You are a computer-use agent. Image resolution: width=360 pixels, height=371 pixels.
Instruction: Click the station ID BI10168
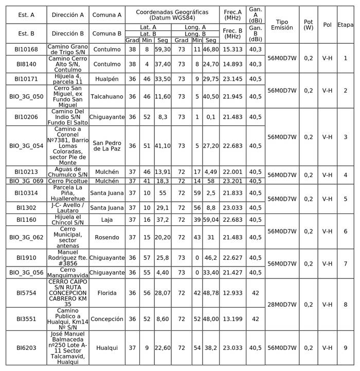pos(26,49)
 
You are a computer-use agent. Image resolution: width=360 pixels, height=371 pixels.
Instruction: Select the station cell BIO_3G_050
pos(26,96)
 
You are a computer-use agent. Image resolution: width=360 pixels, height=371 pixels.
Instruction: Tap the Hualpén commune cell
pos(107,79)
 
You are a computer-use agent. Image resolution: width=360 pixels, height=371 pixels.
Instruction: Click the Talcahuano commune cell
pos(107,96)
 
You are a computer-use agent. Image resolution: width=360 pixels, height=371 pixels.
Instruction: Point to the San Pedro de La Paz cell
pos(107,146)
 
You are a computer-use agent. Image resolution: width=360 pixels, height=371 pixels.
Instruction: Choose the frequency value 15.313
pos(232,49)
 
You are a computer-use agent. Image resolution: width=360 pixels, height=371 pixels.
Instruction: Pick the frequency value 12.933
pos(232,293)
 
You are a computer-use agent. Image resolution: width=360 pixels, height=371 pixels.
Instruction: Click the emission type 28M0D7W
pos(282,305)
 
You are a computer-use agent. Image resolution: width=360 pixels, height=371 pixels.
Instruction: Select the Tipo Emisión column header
pos(282,25)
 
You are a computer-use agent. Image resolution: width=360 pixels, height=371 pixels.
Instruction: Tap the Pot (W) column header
pos(308,25)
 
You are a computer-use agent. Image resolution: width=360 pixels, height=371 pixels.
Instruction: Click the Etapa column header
pos(345,25)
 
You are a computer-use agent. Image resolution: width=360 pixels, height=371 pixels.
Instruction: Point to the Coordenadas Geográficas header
pos(172,14)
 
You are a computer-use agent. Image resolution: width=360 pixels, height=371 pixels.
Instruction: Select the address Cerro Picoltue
pos(68,181)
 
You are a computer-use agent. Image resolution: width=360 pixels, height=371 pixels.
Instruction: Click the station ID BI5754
pos(26,293)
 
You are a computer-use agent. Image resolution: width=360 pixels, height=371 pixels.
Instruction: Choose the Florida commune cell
pos(107,293)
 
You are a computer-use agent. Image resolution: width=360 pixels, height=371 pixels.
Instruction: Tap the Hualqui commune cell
pos(107,348)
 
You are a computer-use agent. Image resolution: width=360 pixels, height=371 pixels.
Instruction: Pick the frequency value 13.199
pos(232,319)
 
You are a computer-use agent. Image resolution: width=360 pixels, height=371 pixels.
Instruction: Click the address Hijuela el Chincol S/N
pos(68,220)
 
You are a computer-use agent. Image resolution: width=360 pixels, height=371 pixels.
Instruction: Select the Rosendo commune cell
pos(107,237)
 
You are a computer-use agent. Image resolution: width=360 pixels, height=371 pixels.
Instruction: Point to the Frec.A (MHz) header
pos(232,14)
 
